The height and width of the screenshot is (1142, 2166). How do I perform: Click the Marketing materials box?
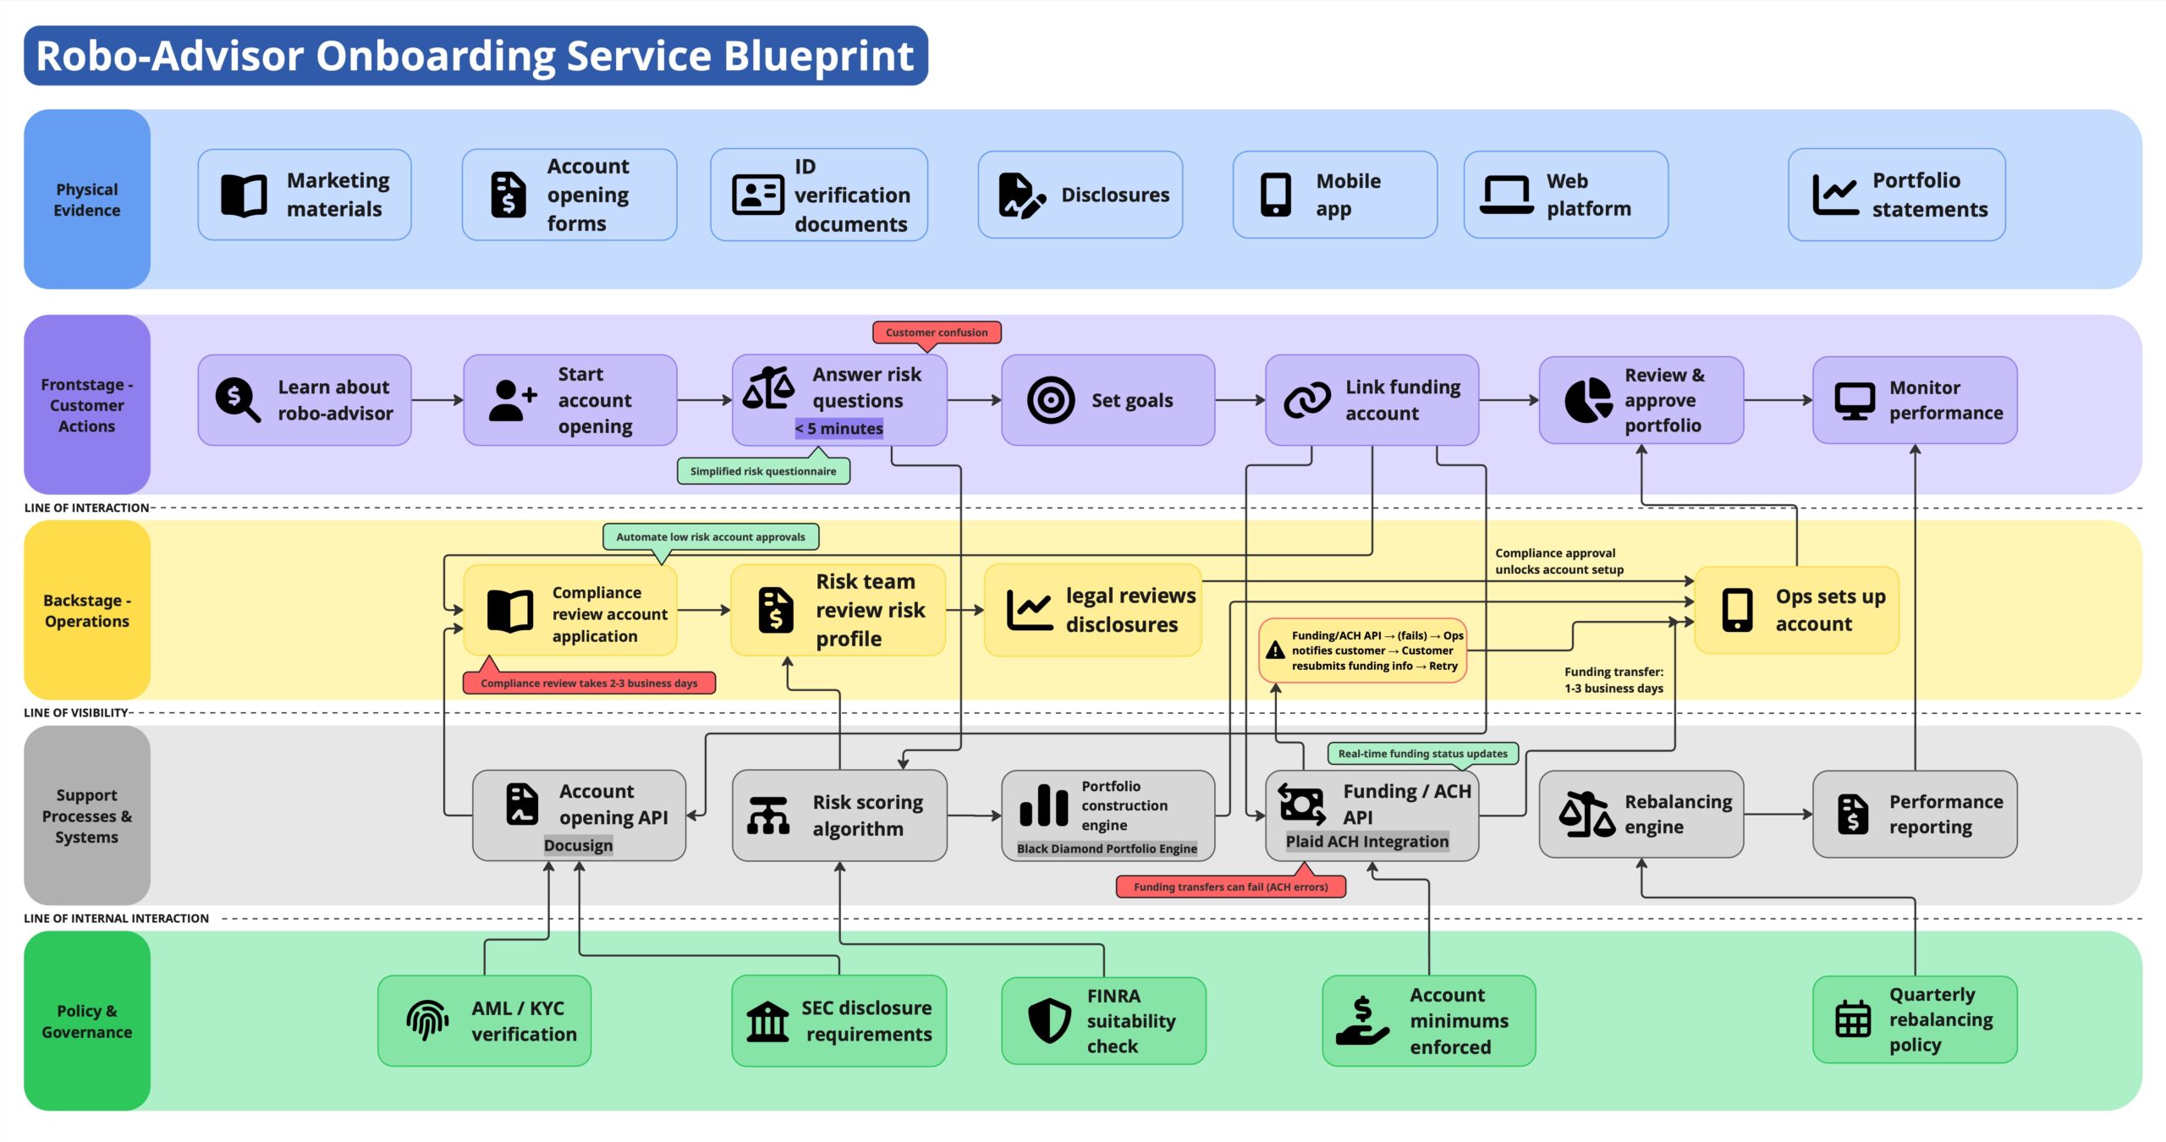tap(305, 195)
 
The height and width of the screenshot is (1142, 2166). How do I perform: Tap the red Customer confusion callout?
tap(937, 332)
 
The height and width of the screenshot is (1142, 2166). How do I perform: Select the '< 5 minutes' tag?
tap(838, 429)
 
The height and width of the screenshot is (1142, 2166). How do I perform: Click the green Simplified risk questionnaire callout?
tap(763, 471)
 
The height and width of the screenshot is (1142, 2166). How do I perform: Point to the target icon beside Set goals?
tap(1051, 400)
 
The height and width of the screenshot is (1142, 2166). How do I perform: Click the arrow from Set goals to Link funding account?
tap(1240, 400)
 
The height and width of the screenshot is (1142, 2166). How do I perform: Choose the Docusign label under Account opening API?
tap(578, 845)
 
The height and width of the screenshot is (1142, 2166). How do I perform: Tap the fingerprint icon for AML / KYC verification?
tap(428, 1020)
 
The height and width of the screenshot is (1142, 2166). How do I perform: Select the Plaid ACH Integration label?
tap(1367, 842)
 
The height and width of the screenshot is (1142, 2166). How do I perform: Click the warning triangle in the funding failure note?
tap(1275, 651)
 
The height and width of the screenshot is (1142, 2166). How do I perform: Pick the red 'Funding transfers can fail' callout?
tap(1231, 887)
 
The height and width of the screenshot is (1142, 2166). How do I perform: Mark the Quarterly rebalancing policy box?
tap(1915, 1019)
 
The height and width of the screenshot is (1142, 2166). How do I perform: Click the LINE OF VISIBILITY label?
tap(76, 713)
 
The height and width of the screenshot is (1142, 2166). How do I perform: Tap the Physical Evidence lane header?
tap(87, 200)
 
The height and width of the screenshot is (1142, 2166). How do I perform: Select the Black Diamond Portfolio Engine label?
tap(1107, 848)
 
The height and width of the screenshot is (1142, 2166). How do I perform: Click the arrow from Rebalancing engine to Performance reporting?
tap(1778, 815)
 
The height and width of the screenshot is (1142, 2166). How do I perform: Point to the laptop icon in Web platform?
tap(1506, 195)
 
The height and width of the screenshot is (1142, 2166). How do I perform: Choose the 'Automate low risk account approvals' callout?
tap(711, 537)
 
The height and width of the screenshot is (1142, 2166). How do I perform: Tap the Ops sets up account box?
tap(1797, 610)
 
